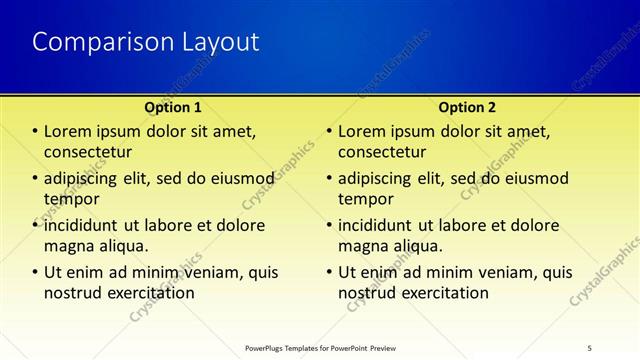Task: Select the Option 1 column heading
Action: point(173,107)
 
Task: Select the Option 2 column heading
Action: point(466,107)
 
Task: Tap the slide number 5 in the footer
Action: point(590,348)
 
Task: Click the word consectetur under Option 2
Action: point(383,152)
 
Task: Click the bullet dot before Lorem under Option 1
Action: point(35,132)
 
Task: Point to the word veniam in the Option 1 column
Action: point(212,272)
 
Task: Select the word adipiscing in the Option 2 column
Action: point(379,179)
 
